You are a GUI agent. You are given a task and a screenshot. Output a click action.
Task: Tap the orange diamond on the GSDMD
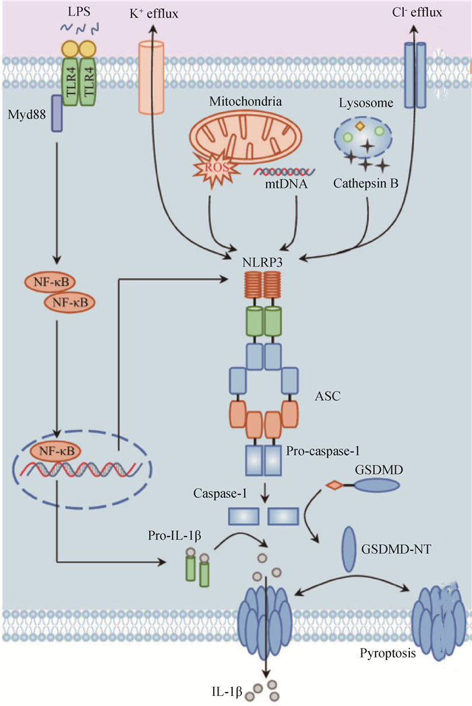[332, 485]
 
